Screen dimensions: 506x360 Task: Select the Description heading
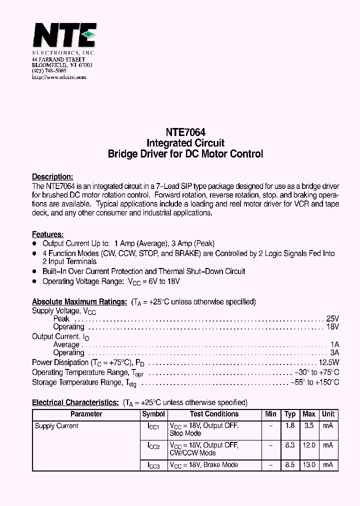(52, 177)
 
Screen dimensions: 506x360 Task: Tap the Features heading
(47, 234)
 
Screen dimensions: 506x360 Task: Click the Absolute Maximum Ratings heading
(79, 302)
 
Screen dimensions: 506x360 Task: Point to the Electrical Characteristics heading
(75, 402)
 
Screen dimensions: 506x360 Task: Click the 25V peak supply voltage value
(333, 318)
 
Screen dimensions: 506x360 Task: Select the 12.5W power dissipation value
(329, 362)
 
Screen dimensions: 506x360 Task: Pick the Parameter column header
(86, 414)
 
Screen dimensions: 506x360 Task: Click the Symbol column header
(153, 414)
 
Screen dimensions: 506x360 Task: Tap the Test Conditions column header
(214, 414)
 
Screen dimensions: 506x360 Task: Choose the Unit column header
(328, 414)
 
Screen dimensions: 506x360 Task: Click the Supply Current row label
(56, 426)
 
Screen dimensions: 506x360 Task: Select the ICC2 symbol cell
(153, 445)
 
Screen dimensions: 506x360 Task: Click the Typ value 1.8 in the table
(290, 426)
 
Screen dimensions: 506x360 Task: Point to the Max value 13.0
(309, 465)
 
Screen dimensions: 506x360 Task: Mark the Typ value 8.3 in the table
(290, 445)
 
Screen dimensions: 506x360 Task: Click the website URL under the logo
(59, 77)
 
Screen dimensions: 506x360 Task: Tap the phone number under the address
(49, 71)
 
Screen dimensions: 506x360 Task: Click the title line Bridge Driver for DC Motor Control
(185, 154)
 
